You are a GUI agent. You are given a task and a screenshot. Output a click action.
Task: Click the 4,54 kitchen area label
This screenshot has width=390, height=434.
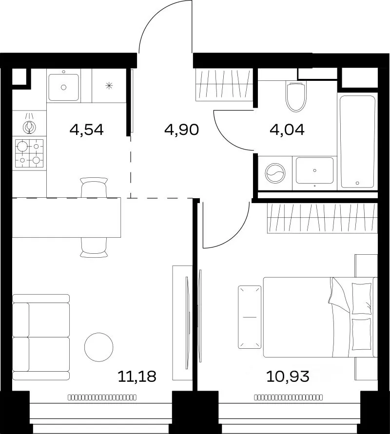pyautogui.click(x=87, y=130)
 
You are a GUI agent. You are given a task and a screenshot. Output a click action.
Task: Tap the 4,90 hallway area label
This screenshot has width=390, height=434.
pyautogui.click(x=181, y=130)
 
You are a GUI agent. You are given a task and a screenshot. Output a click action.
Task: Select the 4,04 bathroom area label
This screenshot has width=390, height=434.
pyautogui.click(x=287, y=130)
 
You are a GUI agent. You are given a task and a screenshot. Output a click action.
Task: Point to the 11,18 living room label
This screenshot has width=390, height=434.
pyautogui.click(x=137, y=377)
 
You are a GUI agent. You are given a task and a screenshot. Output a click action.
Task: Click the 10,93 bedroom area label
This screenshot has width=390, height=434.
pyautogui.click(x=288, y=377)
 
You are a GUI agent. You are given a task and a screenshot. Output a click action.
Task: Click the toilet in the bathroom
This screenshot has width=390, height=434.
pyautogui.click(x=296, y=96)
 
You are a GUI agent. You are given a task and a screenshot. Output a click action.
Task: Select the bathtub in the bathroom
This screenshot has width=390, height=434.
pyautogui.click(x=357, y=141)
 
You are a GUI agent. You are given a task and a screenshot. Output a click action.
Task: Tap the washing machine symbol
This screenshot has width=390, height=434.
pyautogui.click(x=275, y=173)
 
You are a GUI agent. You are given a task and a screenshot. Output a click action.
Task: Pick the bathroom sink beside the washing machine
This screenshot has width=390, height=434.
pyautogui.click(x=314, y=170)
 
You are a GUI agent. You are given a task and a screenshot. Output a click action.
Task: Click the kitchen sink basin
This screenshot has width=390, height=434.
pyautogui.click(x=63, y=87)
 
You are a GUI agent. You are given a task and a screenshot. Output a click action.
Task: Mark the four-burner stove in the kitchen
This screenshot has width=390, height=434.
pyautogui.click(x=29, y=153)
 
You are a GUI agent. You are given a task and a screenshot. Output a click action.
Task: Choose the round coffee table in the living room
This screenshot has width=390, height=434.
pyautogui.click(x=98, y=347)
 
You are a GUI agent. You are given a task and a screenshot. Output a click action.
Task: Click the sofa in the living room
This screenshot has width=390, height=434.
pyautogui.click(x=41, y=337)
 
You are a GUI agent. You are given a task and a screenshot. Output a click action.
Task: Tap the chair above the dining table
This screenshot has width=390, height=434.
pyautogui.click(x=94, y=187)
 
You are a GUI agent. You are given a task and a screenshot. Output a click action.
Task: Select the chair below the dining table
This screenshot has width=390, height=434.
pyautogui.click(x=94, y=247)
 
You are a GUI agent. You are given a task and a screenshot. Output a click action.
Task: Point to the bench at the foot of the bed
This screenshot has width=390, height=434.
pyautogui.click(x=250, y=317)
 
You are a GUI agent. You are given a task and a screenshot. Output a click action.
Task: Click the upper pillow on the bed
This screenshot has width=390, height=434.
pyautogui.click(x=361, y=299)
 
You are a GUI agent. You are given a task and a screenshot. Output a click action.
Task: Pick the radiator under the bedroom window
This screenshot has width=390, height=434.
pyautogui.click(x=288, y=398)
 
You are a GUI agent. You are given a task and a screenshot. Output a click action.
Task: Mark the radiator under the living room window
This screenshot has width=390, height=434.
pyautogui.click(x=102, y=398)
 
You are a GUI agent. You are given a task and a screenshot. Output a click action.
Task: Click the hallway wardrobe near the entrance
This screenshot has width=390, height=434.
pyautogui.click(x=224, y=85)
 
